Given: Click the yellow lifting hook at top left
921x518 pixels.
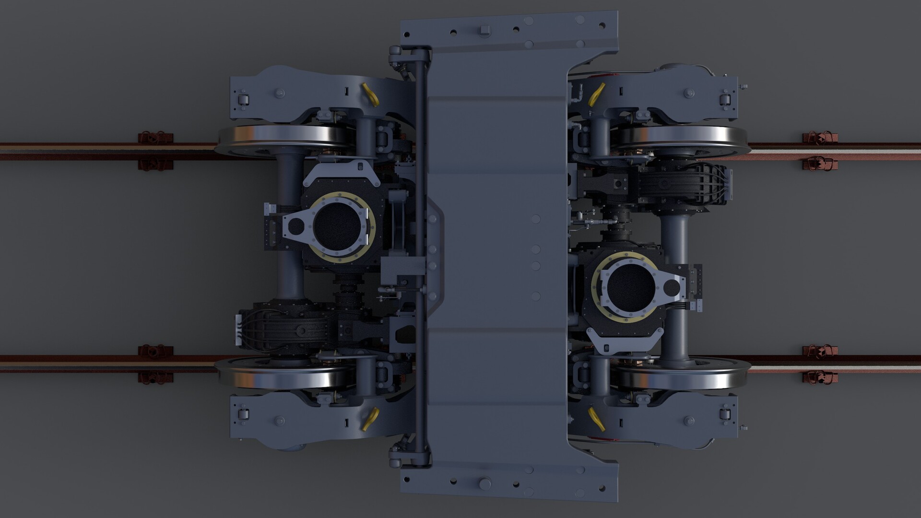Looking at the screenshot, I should point(370,94).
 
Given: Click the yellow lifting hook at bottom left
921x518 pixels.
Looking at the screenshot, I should point(370,419).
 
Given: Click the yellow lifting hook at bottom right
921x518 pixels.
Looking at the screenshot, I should point(596,420).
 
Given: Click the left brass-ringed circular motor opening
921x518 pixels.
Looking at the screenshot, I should point(337,226).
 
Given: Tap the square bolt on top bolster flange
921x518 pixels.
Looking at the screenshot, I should point(484,31).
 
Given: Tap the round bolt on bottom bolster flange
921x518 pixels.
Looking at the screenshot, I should point(484,483).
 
